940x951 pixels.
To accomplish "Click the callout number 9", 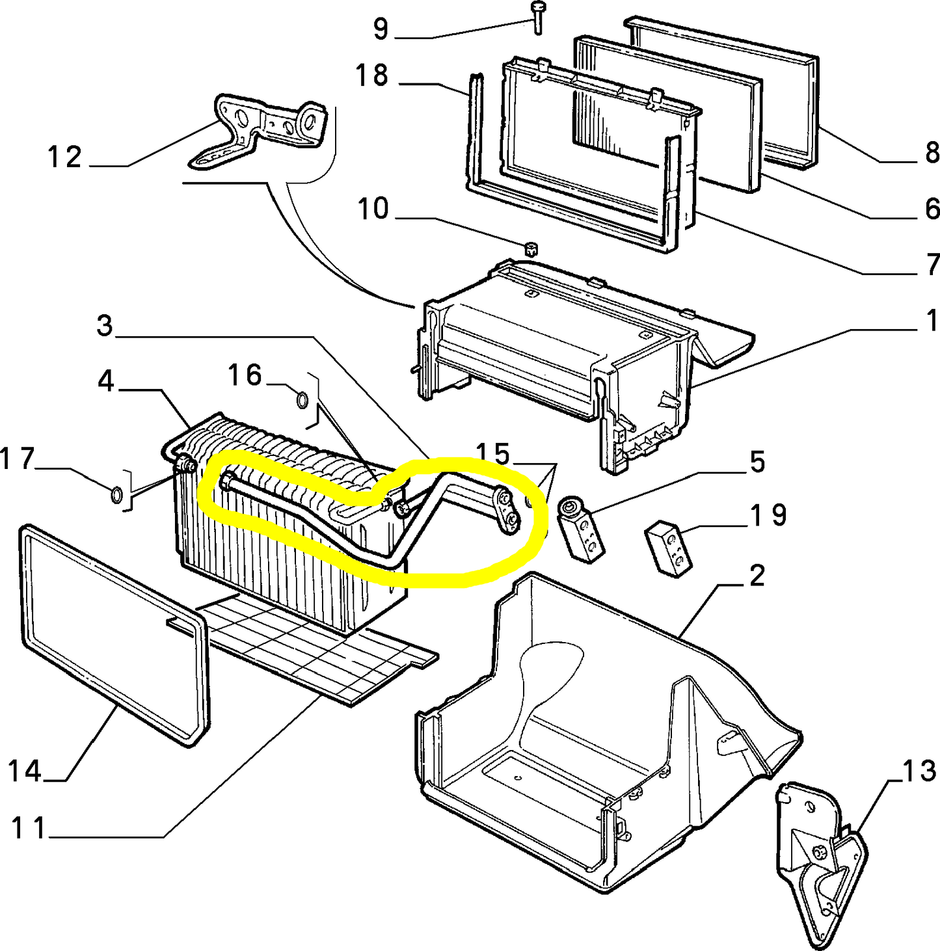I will point(381,29).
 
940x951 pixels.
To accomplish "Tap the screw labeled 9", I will point(538,17).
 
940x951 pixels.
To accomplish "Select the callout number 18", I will point(371,76).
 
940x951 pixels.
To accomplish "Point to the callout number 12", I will point(64,157).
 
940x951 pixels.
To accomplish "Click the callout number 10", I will point(373,209).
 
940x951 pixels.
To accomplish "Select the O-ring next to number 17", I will point(116,495).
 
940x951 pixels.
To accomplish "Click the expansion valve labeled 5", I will point(580,526).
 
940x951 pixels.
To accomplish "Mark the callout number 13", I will point(919,771).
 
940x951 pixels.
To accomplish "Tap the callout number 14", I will point(25,771).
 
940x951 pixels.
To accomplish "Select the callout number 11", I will point(29,829).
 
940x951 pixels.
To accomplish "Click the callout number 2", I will point(757,576).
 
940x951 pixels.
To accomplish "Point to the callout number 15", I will point(492,454).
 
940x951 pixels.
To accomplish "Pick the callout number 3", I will point(105,325).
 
